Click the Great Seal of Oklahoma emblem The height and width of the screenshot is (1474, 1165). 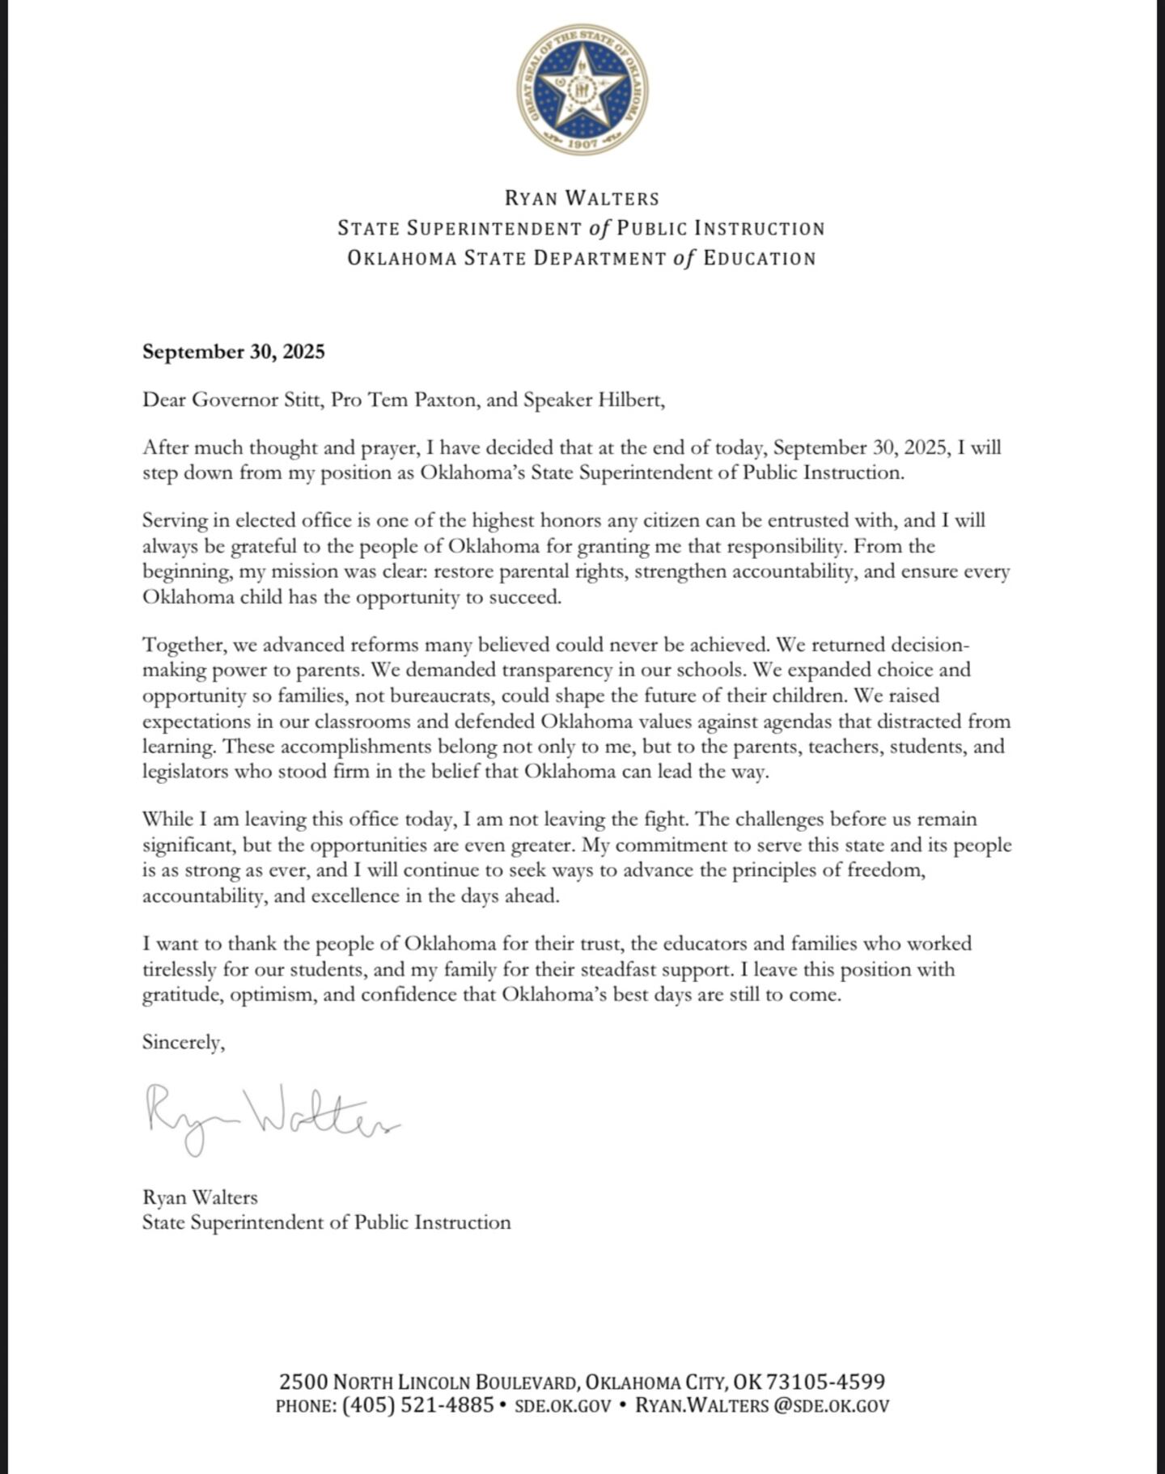582,89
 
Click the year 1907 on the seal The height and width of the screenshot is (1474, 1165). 582,143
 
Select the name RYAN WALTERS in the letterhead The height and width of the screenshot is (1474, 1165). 582,198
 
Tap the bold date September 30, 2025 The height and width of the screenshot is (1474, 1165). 233,351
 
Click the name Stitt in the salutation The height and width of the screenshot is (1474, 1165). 301,400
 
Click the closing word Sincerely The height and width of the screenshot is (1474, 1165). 183,1042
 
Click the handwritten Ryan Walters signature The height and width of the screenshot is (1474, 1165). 271,1118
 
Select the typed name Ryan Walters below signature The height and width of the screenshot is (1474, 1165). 200,1197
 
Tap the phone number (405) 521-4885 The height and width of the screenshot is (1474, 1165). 417,1405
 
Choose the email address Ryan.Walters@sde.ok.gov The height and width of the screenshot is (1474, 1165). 762,1405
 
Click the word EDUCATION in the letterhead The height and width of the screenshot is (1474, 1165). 760,259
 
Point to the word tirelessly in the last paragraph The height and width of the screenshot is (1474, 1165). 181,969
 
